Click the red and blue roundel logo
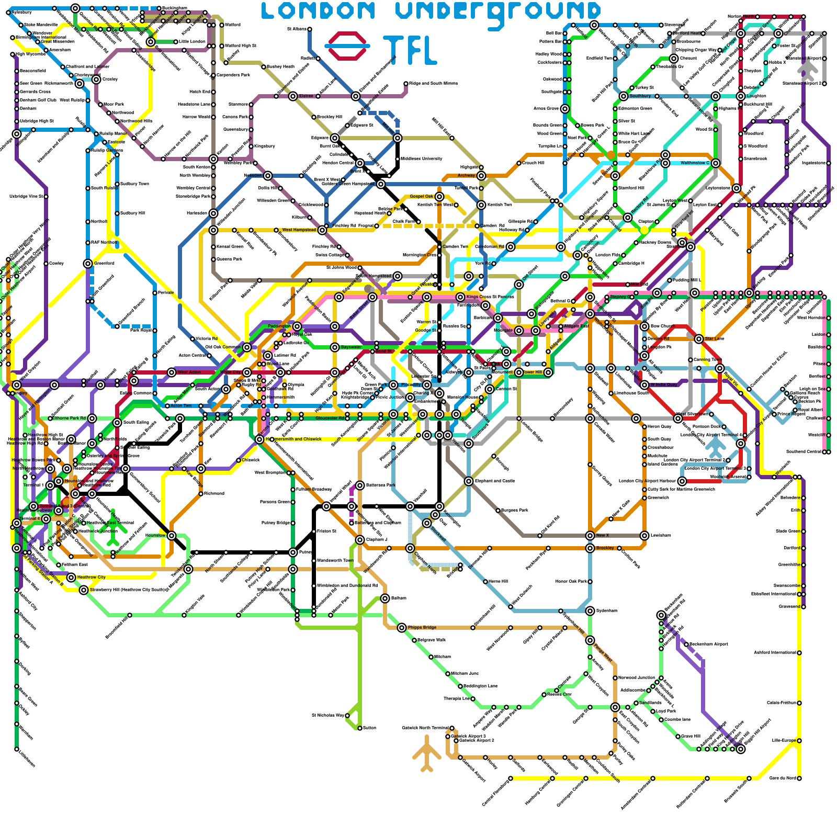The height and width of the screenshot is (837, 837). [x=347, y=46]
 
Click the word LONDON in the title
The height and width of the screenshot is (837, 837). [x=319, y=11]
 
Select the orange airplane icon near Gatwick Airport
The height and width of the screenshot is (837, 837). [x=427, y=753]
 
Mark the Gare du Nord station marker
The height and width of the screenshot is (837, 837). [x=799, y=778]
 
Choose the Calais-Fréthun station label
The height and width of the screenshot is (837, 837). [x=781, y=703]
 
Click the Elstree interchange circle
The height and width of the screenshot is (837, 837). [x=293, y=96]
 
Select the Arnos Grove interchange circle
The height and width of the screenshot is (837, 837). [x=565, y=109]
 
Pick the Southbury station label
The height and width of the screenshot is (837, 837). [x=640, y=96]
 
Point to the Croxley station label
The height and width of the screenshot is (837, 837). [x=110, y=80]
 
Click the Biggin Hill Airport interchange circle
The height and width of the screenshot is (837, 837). [x=741, y=749]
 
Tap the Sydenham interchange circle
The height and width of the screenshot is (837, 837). [x=590, y=611]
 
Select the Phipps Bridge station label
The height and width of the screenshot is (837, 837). [x=422, y=628]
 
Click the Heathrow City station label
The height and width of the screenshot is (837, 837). [x=91, y=578]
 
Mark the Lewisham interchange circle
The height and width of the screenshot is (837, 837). [x=644, y=536]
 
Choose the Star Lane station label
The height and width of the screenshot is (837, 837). [x=715, y=339]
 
